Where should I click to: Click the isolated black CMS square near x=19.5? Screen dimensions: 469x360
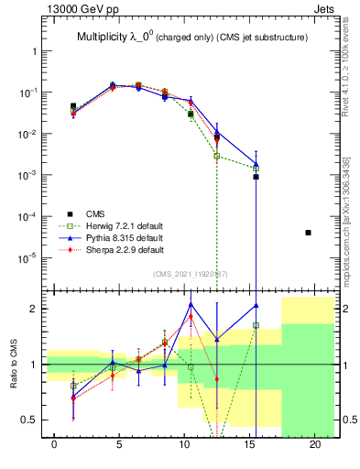(x=308, y=233)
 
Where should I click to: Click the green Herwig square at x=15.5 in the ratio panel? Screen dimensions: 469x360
(x=256, y=325)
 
